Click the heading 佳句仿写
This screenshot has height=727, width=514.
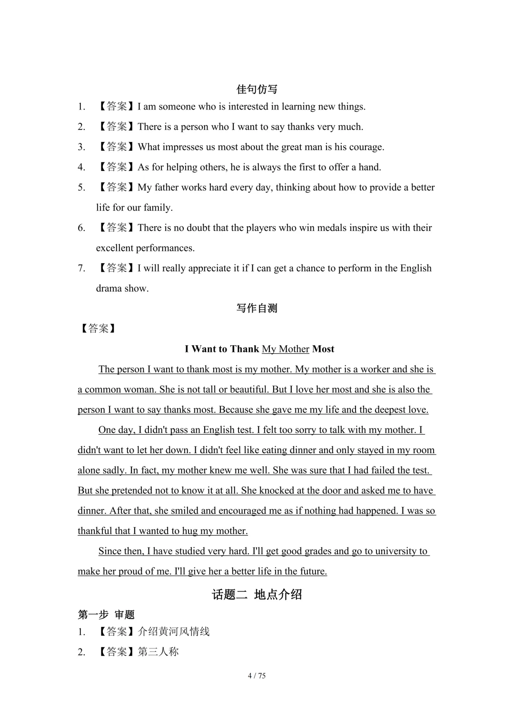(x=257, y=89)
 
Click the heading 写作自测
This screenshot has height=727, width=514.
(x=257, y=308)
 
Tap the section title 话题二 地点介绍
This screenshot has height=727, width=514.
(x=257, y=594)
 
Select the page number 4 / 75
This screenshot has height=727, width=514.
(x=257, y=676)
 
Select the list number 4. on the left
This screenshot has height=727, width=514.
(x=82, y=167)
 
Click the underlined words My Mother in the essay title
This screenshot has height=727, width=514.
(x=286, y=349)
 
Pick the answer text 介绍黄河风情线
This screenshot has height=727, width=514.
(x=174, y=632)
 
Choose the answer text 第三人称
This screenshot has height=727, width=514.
(x=158, y=652)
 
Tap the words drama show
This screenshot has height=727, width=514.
(x=122, y=289)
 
